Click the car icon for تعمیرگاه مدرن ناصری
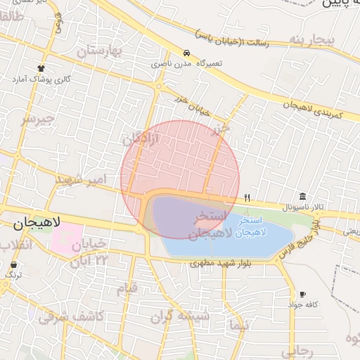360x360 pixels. pos(186,53)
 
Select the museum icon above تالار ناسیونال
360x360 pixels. pos(302,196)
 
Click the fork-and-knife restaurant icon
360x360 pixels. pos(247,198)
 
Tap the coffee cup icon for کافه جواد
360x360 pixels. pos(303,294)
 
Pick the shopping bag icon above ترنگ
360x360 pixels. pos(14,264)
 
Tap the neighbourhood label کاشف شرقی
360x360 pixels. pos(71,316)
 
